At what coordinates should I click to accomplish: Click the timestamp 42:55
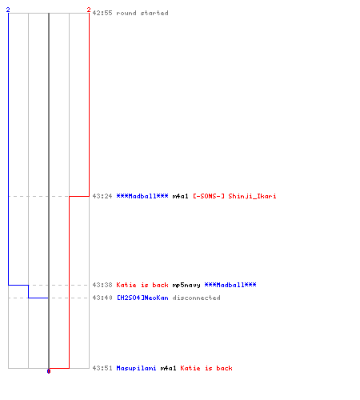pyautogui.click(x=102, y=13)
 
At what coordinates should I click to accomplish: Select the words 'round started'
pyautogui.click(x=142, y=13)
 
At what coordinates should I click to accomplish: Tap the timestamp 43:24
pyautogui.click(x=102, y=196)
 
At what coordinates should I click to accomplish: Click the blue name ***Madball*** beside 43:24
pyautogui.click(x=142, y=196)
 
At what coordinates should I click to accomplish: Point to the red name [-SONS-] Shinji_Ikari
pyautogui.click(x=234, y=196)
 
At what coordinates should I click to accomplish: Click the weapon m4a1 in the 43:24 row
pyautogui.click(x=181, y=196)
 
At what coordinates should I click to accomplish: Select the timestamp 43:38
pyautogui.click(x=102, y=285)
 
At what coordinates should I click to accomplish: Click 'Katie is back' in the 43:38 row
pyautogui.click(x=142, y=285)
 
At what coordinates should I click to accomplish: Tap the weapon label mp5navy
pyautogui.click(x=186, y=285)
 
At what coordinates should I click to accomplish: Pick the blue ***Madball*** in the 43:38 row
pyautogui.click(x=230, y=285)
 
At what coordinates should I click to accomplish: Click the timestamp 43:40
pyautogui.click(x=102, y=298)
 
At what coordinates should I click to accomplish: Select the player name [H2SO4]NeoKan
pyautogui.click(x=142, y=298)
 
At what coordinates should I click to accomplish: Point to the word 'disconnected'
pyautogui.click(x=196, y=298)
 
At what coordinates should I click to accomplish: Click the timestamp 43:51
pyautogui.click(x=102, y=368)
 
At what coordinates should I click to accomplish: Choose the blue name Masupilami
pyautogui.click(x=136, y=368)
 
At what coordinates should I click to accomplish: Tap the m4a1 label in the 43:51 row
pyautogui.click(x=169, y=368)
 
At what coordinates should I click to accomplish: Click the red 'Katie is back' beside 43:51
pyautogui.click(x=206, y=368)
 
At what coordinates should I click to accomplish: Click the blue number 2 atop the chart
pyautogui.click(x=8, y=10)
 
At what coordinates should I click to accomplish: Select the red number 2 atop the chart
pyautogui.click(x=89, y=10)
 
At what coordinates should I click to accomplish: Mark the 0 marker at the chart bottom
pyautogui.click(x=49, y=371)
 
